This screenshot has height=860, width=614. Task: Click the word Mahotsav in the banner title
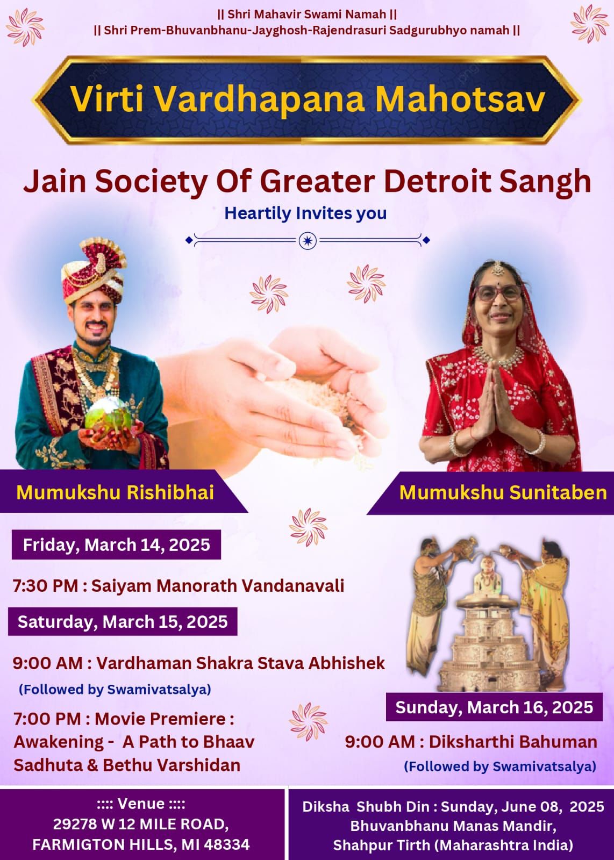[460, 99]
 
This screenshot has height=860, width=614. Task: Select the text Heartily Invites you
[305, 213]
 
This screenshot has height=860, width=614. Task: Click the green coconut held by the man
[108, 414]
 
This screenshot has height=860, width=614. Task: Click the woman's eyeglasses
[498, 293]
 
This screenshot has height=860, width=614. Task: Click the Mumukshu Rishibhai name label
[115, 492]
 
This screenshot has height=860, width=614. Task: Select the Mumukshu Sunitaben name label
[503, 492]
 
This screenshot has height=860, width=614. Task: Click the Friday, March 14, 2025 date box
[116, 544]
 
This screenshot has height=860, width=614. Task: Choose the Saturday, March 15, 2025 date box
[123, 621]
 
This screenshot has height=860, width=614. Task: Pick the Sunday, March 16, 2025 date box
[494, 707]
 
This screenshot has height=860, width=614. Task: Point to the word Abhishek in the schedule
[347, 663]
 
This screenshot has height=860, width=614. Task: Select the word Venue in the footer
[141, 804]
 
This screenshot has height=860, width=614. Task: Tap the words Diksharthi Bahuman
[513, 742]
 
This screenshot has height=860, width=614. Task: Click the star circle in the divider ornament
[308, 241]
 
